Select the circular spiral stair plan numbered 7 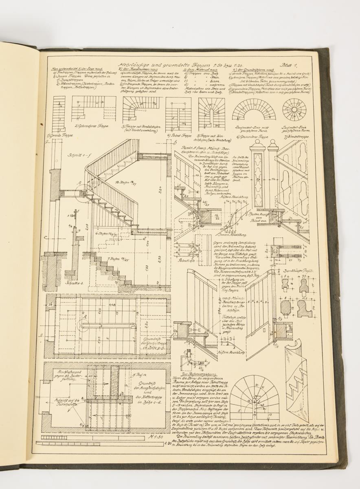point(294,109)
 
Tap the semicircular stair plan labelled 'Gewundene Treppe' point(253,109)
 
